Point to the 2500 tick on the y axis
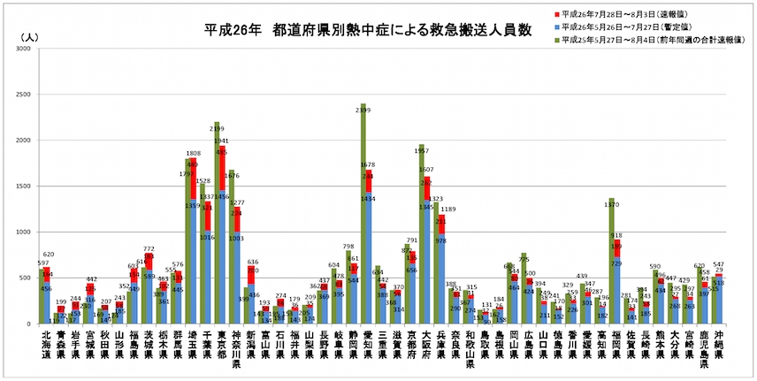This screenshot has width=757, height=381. click(27, 95)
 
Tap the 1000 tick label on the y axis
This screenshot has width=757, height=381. click(27, 232)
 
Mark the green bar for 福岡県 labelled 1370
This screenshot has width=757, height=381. click(610, 265)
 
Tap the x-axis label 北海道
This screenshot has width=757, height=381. click(47, 346)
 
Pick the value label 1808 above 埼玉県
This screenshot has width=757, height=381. click(193, 153)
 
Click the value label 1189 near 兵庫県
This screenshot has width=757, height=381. click(448, 210)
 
